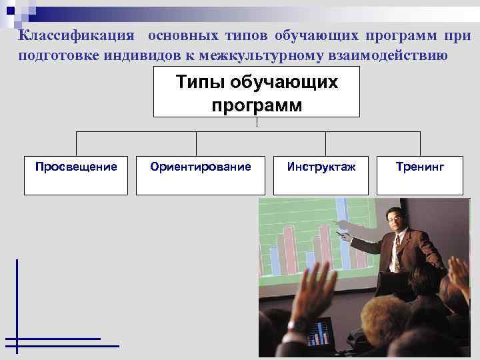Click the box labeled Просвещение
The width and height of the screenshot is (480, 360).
pos(75,175)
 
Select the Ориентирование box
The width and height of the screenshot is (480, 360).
pos(201,175)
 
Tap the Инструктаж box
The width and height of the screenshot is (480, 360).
pos(321,175)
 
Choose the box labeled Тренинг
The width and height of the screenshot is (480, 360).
pos(420,175)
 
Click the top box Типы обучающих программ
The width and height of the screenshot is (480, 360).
pos(257,94)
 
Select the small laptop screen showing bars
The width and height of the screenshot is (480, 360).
pos(321,334)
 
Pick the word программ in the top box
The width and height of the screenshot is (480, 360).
pos(257,105)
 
